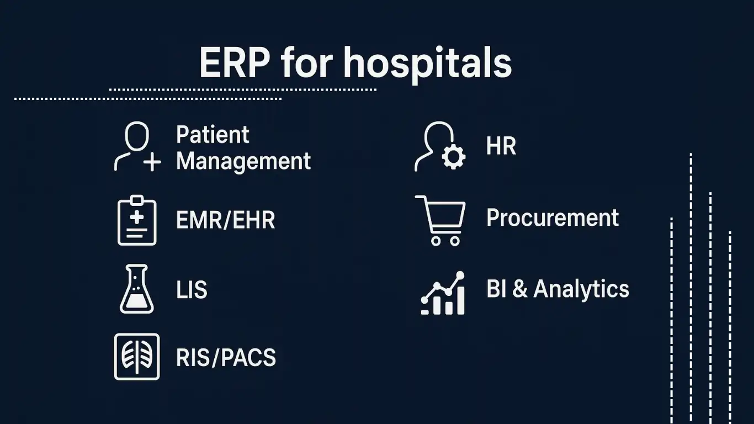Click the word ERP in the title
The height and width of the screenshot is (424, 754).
[x=235, y=62]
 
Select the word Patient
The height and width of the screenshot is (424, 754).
[x=213, y=135]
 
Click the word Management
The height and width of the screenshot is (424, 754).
[x=243, y=162]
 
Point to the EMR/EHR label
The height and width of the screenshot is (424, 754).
[x=226, y=220]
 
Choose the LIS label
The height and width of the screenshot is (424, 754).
[x=192, y=289]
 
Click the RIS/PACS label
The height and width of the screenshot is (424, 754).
[x=226, y=357]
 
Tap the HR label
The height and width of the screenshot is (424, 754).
[x=501, y=146]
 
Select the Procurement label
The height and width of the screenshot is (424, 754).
[x=553, y=218]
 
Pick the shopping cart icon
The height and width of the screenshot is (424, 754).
[x=440, y=221]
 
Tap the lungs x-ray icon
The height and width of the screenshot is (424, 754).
[x=137, y=357]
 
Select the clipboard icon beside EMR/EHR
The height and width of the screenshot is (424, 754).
[x=137, y=220]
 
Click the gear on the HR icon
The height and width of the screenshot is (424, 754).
[x=454, y=157]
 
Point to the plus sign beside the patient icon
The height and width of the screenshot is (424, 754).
[x=152, y=162]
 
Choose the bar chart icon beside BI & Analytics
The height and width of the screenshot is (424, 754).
[x=443, y=293]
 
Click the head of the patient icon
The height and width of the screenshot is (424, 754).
[x=137, y=136]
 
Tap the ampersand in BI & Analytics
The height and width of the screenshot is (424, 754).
[x=520, y=289]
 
